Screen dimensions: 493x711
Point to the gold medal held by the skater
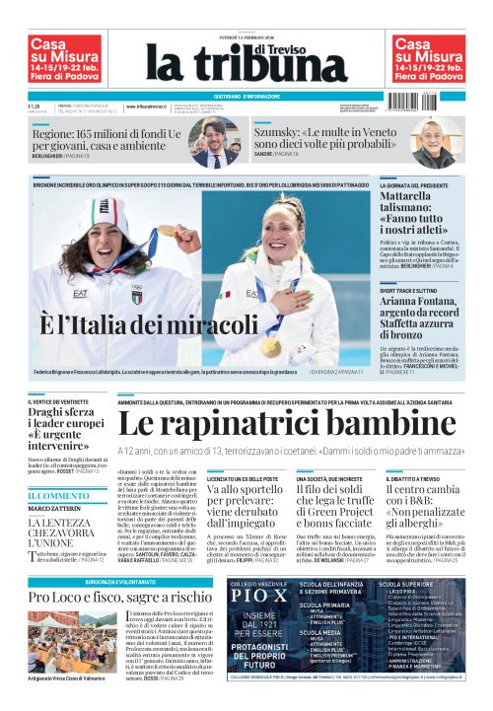point(272,348)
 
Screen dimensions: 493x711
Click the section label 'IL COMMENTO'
point(58,496)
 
